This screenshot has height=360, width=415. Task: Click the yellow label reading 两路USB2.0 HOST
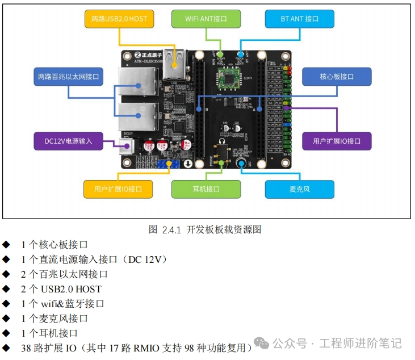119,19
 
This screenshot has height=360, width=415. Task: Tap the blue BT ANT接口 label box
299,19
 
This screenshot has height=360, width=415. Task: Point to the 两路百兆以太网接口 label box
68,76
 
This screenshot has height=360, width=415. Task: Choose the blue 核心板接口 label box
337,76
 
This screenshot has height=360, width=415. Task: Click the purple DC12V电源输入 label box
68,140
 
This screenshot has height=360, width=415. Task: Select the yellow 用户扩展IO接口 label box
119,189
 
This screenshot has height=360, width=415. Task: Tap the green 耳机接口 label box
206,189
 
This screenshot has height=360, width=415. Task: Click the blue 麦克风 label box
299,189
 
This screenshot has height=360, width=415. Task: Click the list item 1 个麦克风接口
55,319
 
